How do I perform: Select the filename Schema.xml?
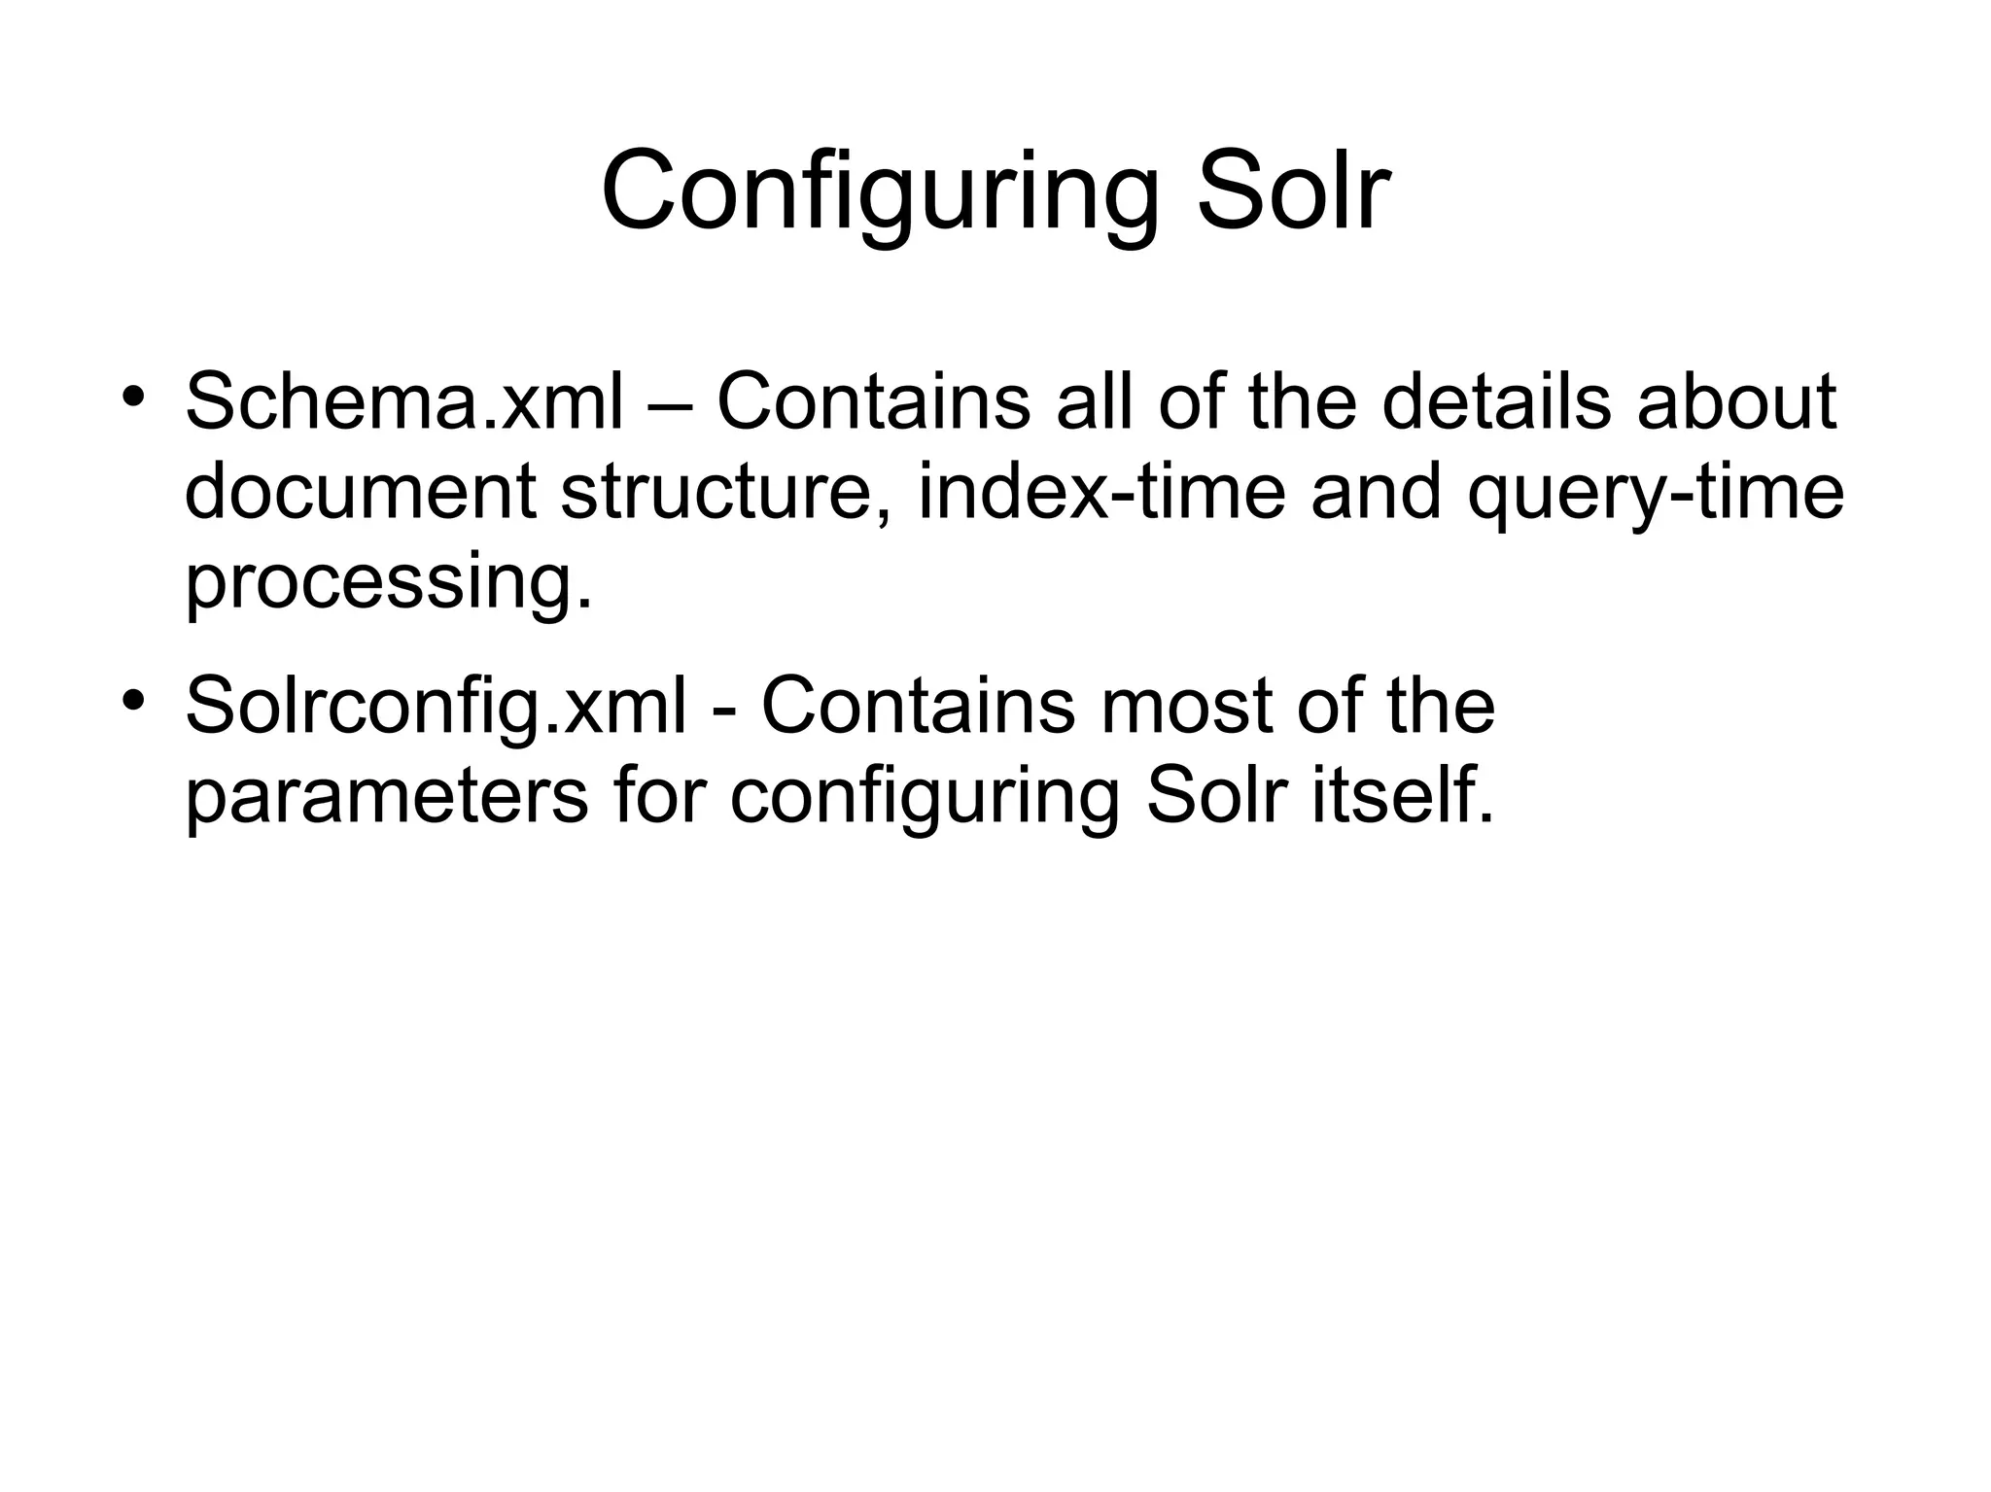[403, 402]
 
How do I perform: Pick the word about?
[1736, 402]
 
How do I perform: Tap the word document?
[360, 492]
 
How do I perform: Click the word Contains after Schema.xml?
[873, 402]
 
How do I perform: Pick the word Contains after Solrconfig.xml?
[918, 707]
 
